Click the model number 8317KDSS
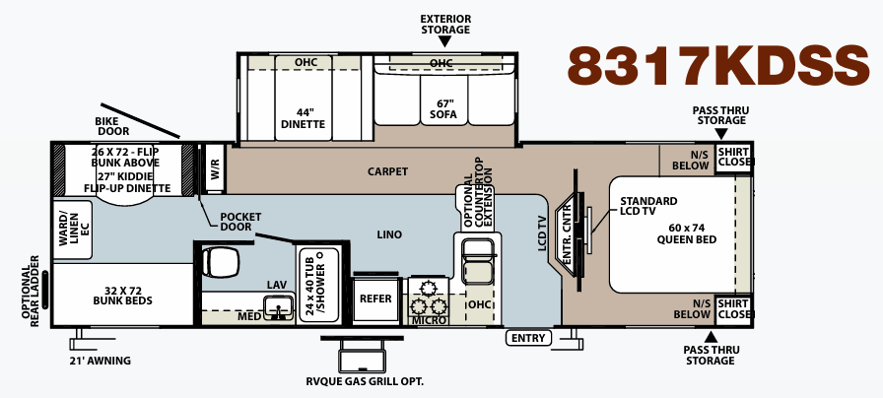(x=718, y=66)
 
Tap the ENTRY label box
(x=528, y=338)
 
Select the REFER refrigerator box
(x=375, y=298)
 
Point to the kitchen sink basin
(x=478, y=261)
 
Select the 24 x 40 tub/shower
(x=318, y=285)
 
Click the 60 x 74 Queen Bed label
(x=687, y=233)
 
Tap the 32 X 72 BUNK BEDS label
(x=123, y=296)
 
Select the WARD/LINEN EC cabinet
(x=72, y=231)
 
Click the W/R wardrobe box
(x=215, y=167)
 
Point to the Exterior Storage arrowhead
(x=444, y=41)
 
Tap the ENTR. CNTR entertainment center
(x=570, y=234)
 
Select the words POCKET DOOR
(x=240, y=222)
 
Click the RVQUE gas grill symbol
(x=362, y=353)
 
